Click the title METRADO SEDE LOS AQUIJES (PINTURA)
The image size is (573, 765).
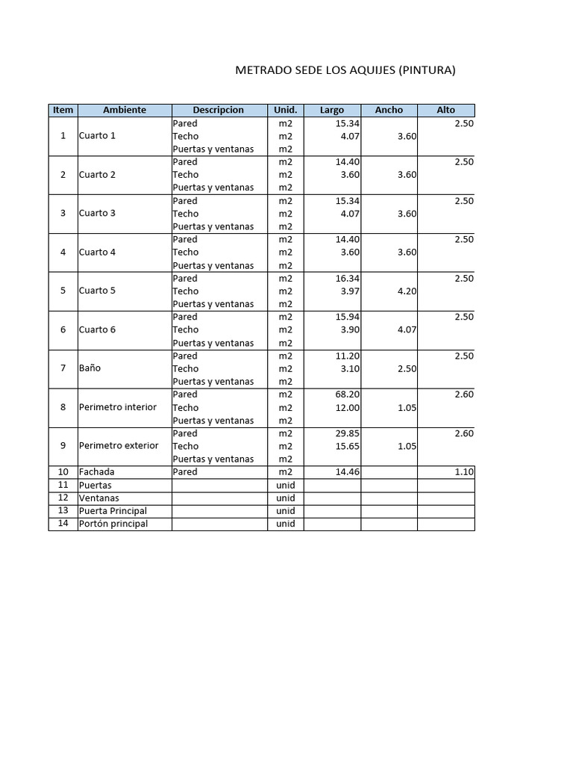[345, 71]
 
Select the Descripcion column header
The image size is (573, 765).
[218, 110]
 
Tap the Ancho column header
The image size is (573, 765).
[389, 110]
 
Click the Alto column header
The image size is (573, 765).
[445, 110]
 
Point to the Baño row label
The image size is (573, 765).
[90, 368]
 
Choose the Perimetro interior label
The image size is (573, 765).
[118, 407]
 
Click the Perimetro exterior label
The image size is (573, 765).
[119, 445]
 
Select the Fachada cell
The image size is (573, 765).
[96, 472]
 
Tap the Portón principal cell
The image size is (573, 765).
[113, 524]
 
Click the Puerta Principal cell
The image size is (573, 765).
[113, 511]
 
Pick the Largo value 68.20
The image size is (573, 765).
[348, 394]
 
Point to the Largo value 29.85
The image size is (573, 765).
[348, 433]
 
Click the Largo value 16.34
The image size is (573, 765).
[348, 278]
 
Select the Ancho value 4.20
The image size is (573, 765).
[407, 291]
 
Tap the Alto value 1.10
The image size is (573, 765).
[463, 472]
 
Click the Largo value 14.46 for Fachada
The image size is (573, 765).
[348, 472]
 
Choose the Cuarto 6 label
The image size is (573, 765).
[97, 329]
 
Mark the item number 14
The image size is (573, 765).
[63, 524]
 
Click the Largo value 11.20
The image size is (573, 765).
[348, 356]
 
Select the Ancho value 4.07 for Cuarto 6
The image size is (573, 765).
[407, 329]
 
